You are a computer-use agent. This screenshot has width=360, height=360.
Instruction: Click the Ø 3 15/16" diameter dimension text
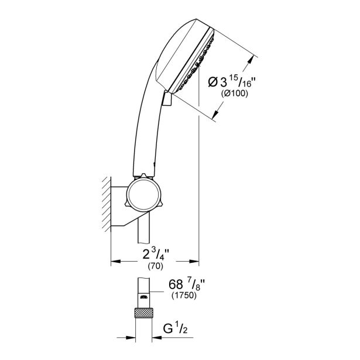[x=232, y=82]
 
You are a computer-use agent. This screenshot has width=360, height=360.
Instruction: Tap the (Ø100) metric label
[x=234, y=94]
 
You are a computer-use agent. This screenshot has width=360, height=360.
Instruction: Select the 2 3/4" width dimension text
[x=156, y=254]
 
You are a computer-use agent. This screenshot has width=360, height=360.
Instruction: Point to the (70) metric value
[x=156, y=266]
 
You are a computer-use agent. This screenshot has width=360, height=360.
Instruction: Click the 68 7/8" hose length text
[x=187, y=284]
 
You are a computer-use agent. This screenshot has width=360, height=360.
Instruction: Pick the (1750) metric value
[x=184, y=295]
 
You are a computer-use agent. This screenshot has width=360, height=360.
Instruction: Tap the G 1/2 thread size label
[x=175, y=328]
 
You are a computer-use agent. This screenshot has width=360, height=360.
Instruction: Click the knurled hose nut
[x=144, y=313]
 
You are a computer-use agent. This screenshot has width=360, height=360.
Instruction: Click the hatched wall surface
[x=107, y=204]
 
